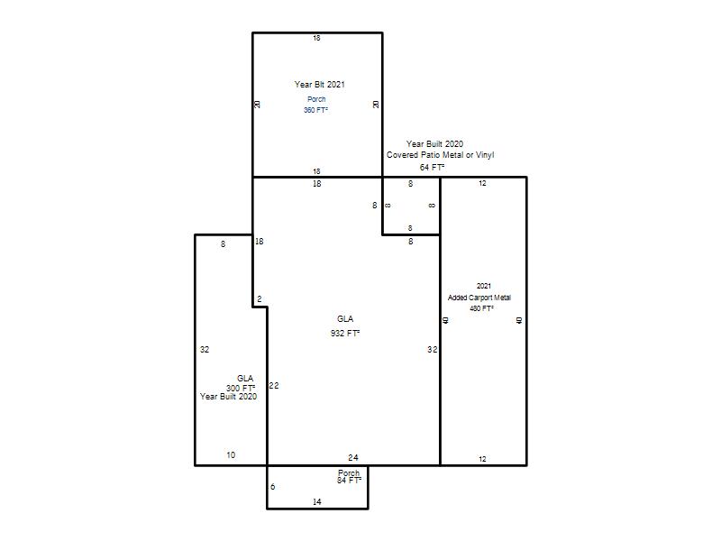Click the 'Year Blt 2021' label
tap(320, 84)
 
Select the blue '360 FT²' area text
tap(315, 110)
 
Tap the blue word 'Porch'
tap(316, 99)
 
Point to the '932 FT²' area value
tap(345, 333)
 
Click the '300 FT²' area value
tap(241, 388)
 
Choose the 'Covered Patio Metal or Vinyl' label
tap(440, 155)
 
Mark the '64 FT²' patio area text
tap(432, 167)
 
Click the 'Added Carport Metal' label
tap(479, 298)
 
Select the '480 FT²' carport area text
tap(481, 308)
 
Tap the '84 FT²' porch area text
tap(349, 481)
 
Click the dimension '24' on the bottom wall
tap(353, 457)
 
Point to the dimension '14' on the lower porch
tap(317, 502)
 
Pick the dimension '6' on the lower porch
tap(273, 487)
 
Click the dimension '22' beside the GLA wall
tap(274, 386)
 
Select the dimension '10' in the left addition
tap(231, 455)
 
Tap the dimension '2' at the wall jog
tap(260, 299)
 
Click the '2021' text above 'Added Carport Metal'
tap(484, 286)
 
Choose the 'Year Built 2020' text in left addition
tap(229, 397)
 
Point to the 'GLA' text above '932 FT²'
tap(345, 319)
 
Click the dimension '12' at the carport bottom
tap(482, 459)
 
